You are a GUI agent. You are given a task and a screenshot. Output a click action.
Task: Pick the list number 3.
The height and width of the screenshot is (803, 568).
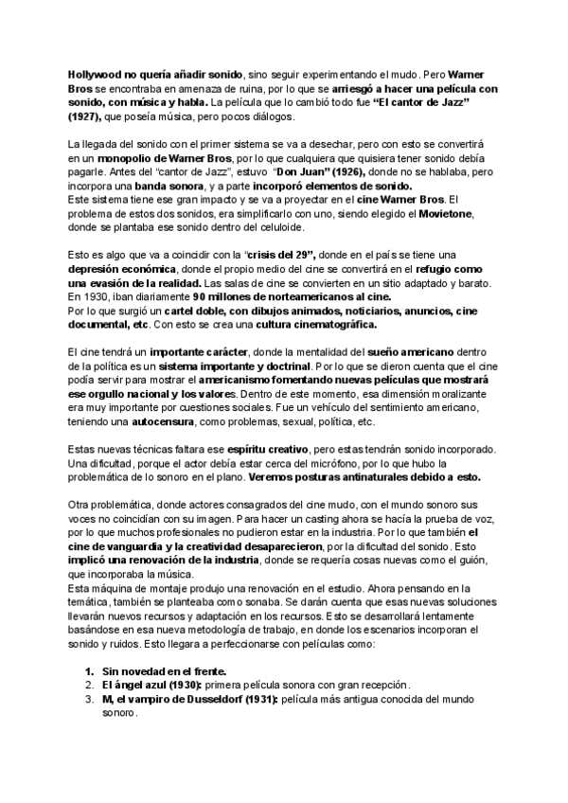[89, 699]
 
